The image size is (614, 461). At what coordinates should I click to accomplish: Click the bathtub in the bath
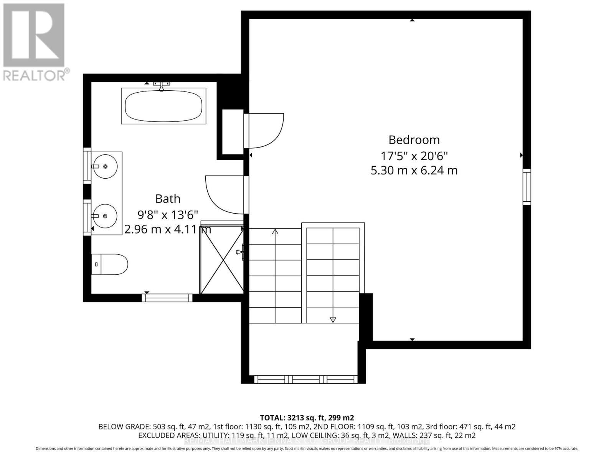163,106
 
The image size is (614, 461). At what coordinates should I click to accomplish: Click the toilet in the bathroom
110,264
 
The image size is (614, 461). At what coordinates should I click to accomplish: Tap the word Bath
168,199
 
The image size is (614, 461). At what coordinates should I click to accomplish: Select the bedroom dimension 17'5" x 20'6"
414,156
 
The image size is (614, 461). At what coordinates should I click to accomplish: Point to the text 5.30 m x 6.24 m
414,170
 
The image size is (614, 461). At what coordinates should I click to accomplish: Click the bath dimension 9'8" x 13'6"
168,214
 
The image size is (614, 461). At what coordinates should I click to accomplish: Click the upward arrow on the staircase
275,232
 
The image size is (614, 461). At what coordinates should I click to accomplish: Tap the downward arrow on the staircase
333,319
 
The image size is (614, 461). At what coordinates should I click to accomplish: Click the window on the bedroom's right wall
527,186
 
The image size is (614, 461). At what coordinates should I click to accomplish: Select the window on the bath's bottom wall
167,297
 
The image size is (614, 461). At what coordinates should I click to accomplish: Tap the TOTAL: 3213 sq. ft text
307,418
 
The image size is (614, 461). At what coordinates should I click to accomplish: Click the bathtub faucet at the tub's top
162,86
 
